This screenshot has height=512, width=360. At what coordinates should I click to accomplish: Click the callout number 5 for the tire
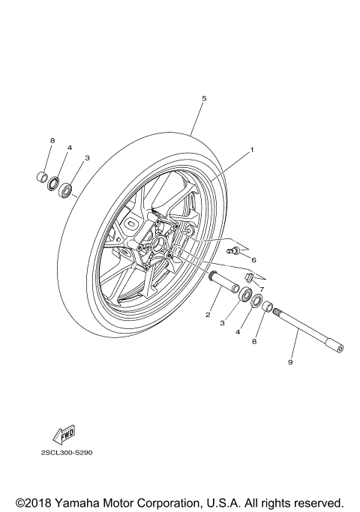click(x=203, y=98)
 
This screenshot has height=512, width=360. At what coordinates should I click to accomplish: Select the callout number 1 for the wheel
click(x=252, y=149)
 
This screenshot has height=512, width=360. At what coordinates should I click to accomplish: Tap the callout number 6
click(x=254, y=260)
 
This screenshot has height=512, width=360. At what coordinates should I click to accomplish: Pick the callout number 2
click(x=208, y=315)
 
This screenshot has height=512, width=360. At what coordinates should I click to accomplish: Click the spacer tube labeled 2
click(x=225, y=284)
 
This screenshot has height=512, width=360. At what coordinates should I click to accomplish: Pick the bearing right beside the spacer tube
click(x=245, y=294)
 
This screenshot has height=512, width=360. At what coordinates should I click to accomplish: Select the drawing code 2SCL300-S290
click(x=67, y=454)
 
